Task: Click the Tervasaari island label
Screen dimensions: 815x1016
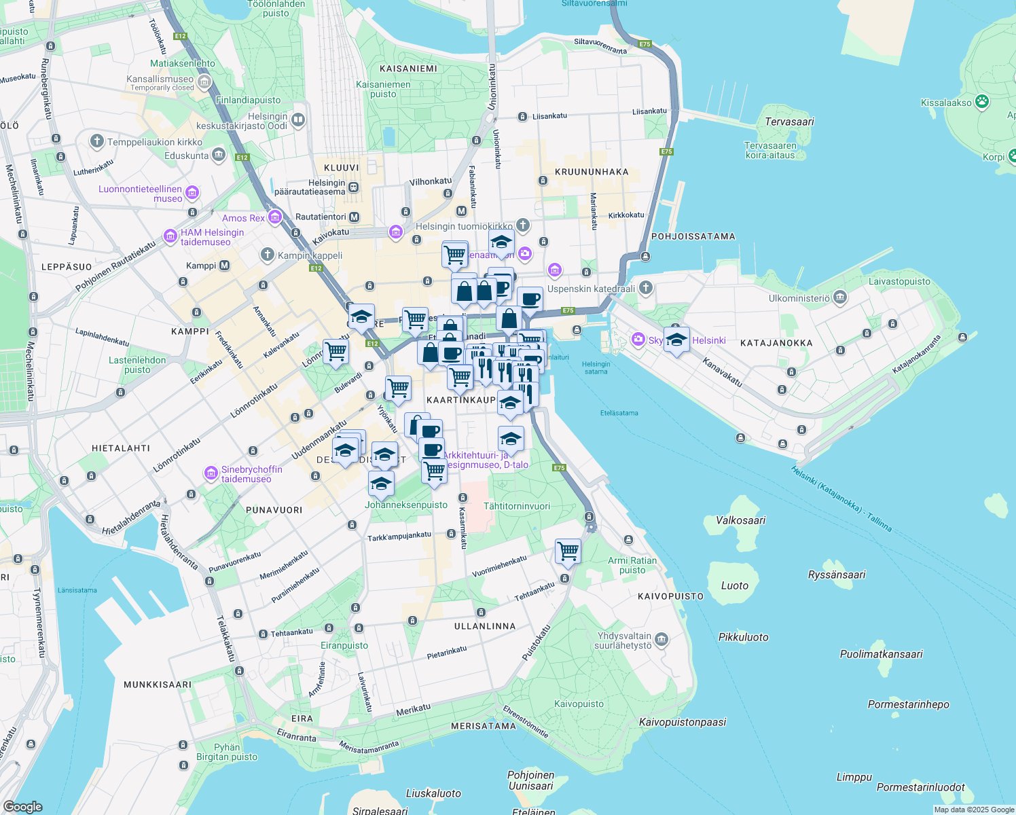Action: [x=789, y=122]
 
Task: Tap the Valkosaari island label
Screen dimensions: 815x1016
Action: [x=740, y=521]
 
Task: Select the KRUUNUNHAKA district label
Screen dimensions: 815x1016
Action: [x=592, y=172]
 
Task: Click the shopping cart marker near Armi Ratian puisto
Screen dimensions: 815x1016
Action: [x=568, y=551]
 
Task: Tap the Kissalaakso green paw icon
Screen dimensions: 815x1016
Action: [x=982, y=102]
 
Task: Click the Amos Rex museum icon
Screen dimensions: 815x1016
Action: [x=275, y=218]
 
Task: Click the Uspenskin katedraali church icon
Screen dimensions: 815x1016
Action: [x=646, y=288]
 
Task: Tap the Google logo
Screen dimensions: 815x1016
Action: [x=22, y=807]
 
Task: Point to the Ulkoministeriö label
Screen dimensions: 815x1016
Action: [x=799, y=298]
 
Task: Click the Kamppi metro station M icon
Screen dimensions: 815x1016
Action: [x=225, y=266]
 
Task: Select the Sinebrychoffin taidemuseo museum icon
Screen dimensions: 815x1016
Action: [x=211, y=473]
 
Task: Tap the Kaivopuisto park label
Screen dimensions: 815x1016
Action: [x=579, y=704]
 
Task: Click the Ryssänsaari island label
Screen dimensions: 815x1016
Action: [x=837, y=575]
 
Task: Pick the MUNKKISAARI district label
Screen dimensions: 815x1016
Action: [x=158, y=685]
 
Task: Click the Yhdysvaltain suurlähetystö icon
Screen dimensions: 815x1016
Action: [x=661, y=640]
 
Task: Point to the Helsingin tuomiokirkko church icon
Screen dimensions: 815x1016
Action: [x=522, y=225]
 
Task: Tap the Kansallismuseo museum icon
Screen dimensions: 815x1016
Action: [x=204, y=82]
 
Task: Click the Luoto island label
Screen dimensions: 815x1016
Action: [x=734, y=585]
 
